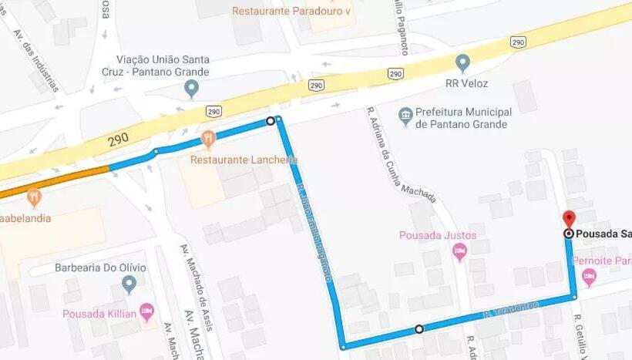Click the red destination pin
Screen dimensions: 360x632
pos(569,219)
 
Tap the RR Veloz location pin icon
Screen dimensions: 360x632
pos(462,62)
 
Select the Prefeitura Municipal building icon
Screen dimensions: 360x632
pos(405,117)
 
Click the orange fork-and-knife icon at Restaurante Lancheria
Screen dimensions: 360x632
pos(208,140)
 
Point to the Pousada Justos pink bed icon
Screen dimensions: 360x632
pos(460,250)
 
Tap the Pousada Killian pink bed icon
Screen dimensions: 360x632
pos(147,312)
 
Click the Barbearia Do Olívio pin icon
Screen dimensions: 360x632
pos(129,285)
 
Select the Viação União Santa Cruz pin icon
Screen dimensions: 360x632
pos(192,89)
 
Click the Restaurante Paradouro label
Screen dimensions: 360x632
pos(290,12)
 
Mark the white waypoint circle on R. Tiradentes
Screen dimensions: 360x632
pos(419,329)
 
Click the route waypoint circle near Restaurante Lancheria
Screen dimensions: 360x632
pos(270,121)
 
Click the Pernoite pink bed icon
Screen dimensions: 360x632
pos(589,277)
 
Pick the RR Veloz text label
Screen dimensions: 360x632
pos(466,83)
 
